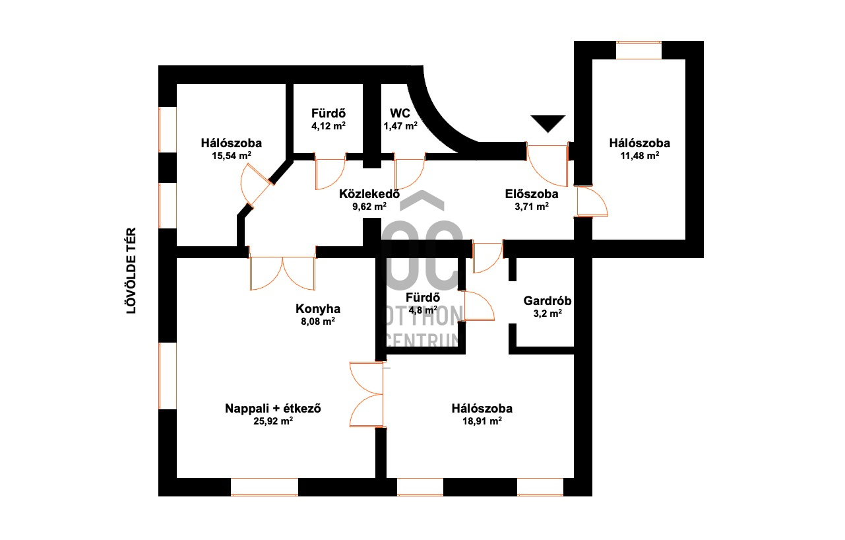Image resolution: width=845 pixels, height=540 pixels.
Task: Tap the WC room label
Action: pyautogui.click(x=400, y=114)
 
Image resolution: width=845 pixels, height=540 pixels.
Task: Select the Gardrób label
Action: pyautogui.click(x=548, y=301)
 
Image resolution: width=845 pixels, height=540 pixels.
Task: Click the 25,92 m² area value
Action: pyautogui.click(x=273, y=421)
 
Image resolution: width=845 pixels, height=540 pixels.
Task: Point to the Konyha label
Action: pyautogui.click(x=318, y=309)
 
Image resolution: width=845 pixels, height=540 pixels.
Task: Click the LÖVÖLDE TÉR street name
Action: pyautogui.click(x=131, y=271)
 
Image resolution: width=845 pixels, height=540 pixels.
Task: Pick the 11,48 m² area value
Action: pyautogui.click(x=640, y=156)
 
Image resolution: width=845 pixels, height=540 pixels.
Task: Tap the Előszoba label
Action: pyautogui.click(x=532, y=194)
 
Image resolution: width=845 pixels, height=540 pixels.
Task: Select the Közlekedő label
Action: pyautogui.click(x=369, y=194)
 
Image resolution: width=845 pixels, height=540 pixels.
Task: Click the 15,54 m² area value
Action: pyautogui.click(x=232, y=156)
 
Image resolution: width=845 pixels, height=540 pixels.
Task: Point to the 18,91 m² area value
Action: pyautogui.click(x=482, y=421)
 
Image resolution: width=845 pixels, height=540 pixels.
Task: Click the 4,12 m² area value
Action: pyautogui.click(x=329, y=126)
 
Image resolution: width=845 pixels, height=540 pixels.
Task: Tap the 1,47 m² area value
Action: pyautogui.click(x=400, y=126)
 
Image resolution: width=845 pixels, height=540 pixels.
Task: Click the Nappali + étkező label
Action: pyautogui.click(x=273, y=409)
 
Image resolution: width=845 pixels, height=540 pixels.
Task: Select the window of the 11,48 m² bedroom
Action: pyautogui.click(x=639, y=50)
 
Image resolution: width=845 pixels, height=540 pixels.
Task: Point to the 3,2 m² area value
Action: pyautogui.click(x=548, y=314)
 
